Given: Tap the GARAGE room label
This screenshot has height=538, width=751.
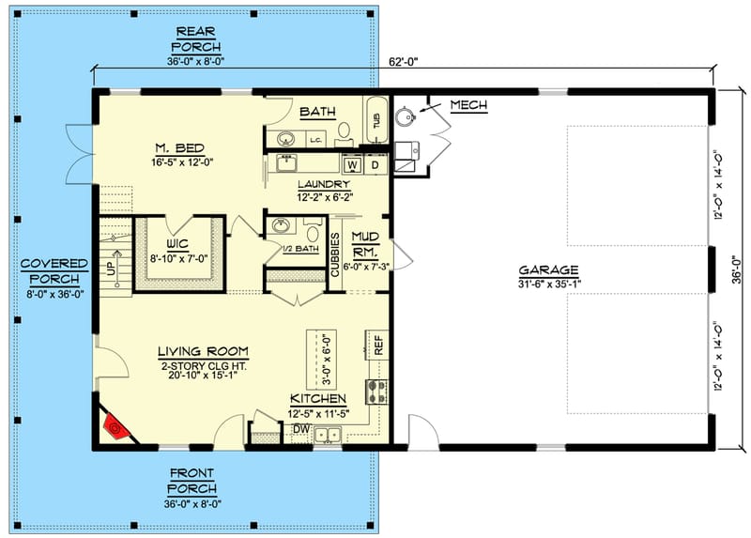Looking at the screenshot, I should (x=546, y=270).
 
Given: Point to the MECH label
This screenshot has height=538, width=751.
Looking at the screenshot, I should (x=468, y=105).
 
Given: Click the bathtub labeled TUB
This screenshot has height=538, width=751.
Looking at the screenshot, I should (x=376, y=121).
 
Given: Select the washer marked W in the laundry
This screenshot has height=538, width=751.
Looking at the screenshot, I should (x=354, y=165).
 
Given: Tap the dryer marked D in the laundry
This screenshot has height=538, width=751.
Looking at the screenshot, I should (x=375, y=165).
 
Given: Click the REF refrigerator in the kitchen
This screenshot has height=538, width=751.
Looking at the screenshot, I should (x=378, y=345).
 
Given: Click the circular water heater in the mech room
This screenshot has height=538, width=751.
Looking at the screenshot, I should (x=406, y=117).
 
